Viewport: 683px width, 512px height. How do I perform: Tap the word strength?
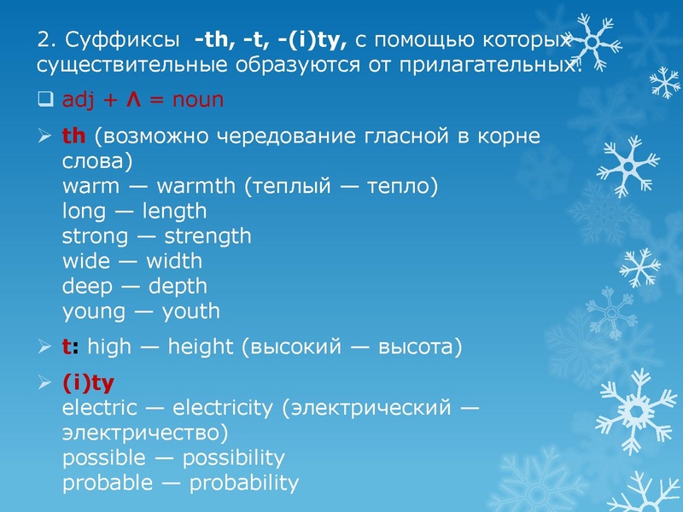tap(207, 236)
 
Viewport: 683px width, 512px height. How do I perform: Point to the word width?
tap(173, 261)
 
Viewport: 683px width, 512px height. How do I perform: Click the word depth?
tap(178, 286)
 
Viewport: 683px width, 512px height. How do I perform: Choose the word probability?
tap(243, 483)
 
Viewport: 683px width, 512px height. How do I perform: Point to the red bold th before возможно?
tap(75, 137)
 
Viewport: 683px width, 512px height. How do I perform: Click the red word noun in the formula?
tap(197, 100)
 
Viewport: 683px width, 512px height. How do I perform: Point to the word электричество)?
tap(145, 433)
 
